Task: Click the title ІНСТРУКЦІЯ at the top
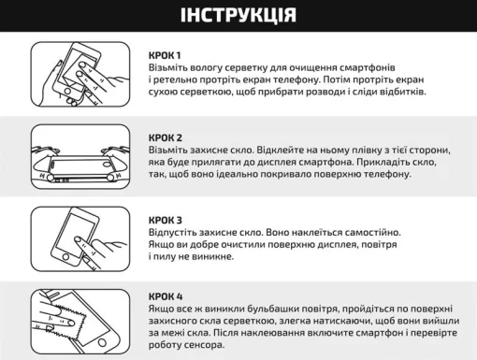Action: [x=238, y=16]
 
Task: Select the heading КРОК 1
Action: [x=166, y=55]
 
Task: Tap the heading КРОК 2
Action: [x=166, y=137]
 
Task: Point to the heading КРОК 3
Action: [x=166, y=219]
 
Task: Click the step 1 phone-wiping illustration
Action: [x=76, y=73]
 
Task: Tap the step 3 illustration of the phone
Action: [x=76, y=238]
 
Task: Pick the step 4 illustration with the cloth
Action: [x=76, y=317]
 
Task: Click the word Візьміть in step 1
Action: [x=171, y=68]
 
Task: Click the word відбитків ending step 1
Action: [x=401, y=94]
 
